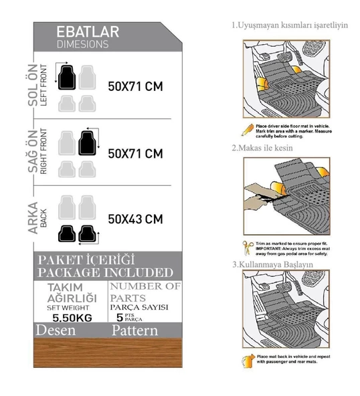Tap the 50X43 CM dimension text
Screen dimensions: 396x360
coord(136,219)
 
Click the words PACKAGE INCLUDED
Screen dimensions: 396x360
coord(104,272)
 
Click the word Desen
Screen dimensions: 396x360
coord(56,330)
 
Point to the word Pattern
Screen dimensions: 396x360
coord(134,330)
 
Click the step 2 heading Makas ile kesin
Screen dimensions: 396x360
coord(262,147)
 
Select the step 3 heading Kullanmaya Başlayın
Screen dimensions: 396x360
coord(272,264)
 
